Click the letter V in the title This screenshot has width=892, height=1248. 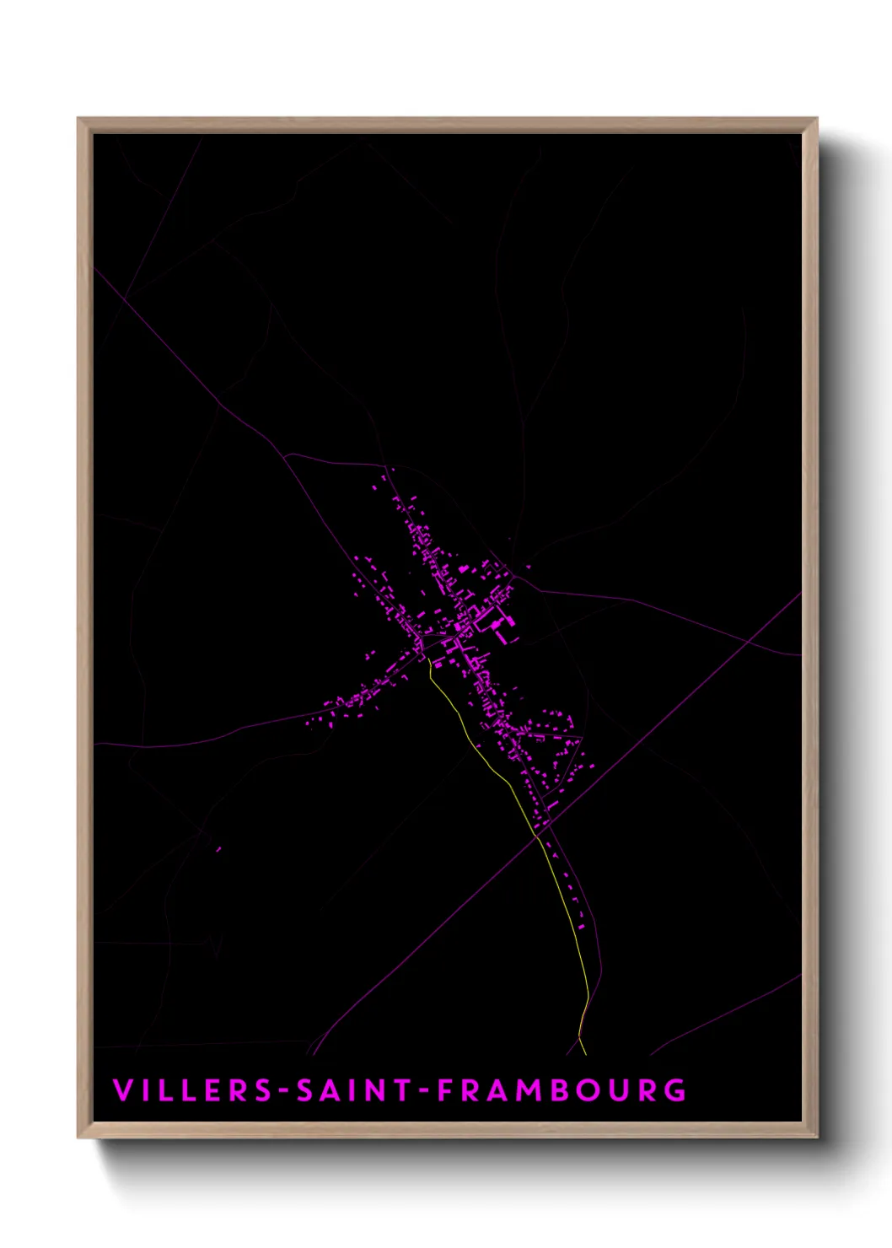point(121,1090)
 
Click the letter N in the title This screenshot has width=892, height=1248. point(376,1090)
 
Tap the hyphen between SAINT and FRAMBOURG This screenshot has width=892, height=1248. point(424,1091)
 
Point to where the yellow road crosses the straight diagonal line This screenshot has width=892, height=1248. point(537,836)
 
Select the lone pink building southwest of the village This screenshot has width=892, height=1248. point(218,849)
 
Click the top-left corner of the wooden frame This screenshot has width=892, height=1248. point(79,120)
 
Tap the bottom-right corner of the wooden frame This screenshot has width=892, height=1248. point(815,1137)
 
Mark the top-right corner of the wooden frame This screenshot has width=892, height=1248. point(815,120)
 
